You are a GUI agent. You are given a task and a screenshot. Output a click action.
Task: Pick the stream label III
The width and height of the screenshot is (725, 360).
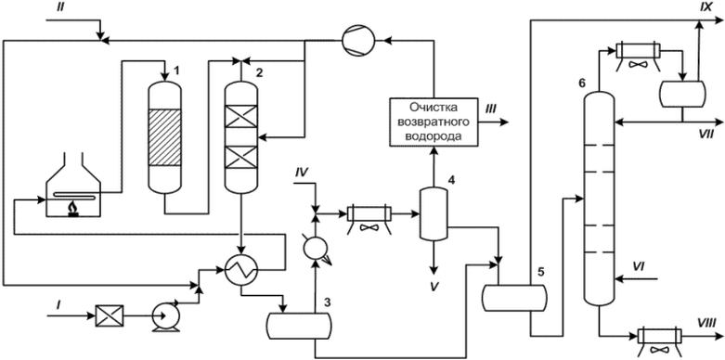(490, 109)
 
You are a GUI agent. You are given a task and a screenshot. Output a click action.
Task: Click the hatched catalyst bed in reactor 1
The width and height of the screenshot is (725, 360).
(163, 137)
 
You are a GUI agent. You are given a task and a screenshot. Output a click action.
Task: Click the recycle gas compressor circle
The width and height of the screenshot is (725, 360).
(358, 41)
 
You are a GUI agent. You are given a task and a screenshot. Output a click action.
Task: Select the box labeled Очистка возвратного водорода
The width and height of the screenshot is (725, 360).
(434, 122)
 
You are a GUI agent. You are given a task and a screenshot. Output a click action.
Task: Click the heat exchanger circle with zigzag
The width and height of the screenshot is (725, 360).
(241, 267)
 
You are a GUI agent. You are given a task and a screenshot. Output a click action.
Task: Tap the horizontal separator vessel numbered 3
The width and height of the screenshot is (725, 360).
(299, 326)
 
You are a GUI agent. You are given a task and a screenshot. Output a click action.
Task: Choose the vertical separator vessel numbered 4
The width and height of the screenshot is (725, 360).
(434, 213)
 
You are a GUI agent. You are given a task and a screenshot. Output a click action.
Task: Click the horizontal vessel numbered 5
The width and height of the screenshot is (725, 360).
(513, 298)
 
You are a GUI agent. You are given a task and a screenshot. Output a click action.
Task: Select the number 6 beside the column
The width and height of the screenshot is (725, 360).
(582, 84)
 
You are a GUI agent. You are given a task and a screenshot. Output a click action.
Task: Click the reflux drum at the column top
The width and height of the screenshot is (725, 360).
(683, 94)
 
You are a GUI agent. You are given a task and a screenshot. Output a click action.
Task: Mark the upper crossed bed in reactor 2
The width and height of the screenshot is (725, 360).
(240, 116)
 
